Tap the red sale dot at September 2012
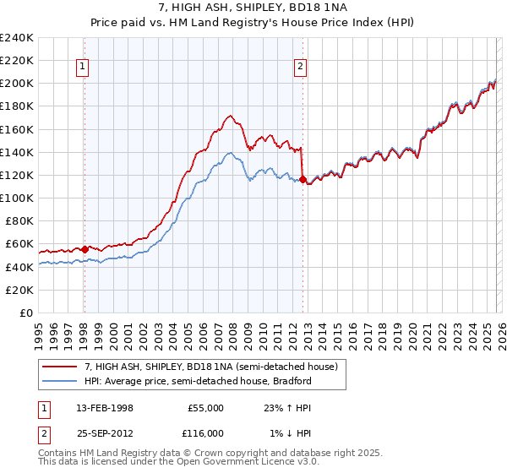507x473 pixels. pos(303,179)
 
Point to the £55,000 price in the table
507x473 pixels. pos(205,407)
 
